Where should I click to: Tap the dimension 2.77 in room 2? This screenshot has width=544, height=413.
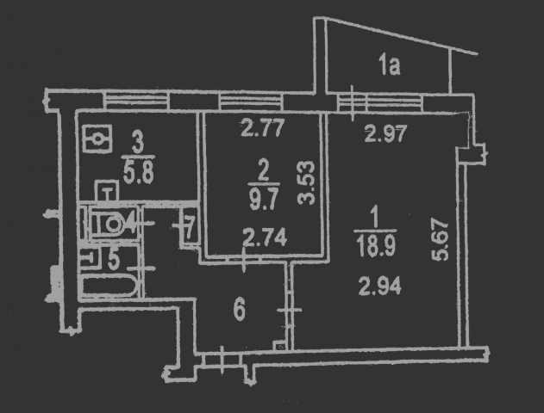[263, 127]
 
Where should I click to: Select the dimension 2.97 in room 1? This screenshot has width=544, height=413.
[385, 133]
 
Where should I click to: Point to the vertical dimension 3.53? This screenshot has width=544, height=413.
[306, 182]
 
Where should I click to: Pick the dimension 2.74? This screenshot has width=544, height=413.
[265, 237]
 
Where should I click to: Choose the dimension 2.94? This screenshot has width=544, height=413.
[380, 286]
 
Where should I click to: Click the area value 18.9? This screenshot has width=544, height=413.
[377, 246]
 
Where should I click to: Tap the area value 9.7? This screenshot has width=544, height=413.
[264, 200]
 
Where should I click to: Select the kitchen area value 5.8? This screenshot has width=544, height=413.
[138, 173]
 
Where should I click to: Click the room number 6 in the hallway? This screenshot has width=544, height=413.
[240, 310]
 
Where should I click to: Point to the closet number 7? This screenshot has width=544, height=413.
[190, 228]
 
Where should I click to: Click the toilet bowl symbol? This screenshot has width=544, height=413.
[109, 223]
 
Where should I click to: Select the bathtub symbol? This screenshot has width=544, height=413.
[109, 286]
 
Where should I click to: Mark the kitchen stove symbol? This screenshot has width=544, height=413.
[97, 139]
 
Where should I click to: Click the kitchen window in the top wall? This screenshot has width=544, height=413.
[136, 100]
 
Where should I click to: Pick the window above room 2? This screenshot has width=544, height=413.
[252, 102]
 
